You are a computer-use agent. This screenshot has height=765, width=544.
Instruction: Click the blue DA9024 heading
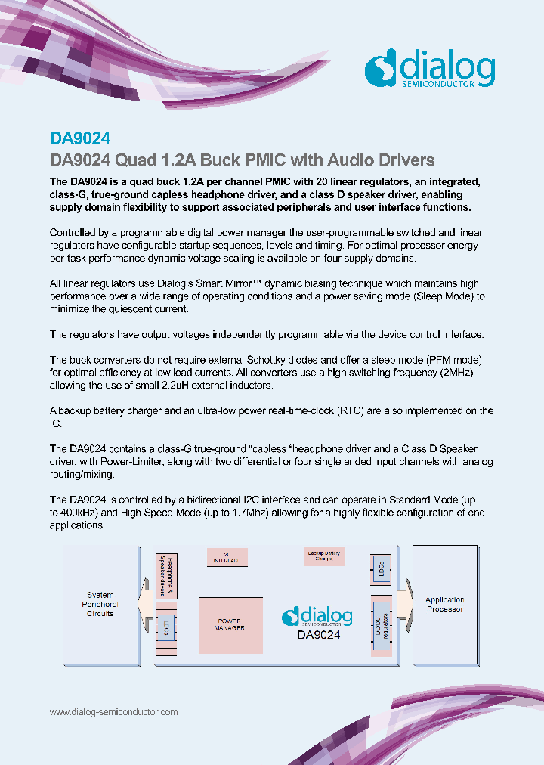80,138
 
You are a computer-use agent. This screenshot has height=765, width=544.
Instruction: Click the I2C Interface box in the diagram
227,557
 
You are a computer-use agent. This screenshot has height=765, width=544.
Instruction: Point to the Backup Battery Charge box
323,556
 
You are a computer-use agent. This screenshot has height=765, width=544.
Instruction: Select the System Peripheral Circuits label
100,604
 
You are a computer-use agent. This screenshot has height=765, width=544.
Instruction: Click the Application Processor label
444,604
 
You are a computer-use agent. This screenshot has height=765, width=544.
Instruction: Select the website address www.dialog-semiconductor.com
113,712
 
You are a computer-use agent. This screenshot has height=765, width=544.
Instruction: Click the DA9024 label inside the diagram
318,635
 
